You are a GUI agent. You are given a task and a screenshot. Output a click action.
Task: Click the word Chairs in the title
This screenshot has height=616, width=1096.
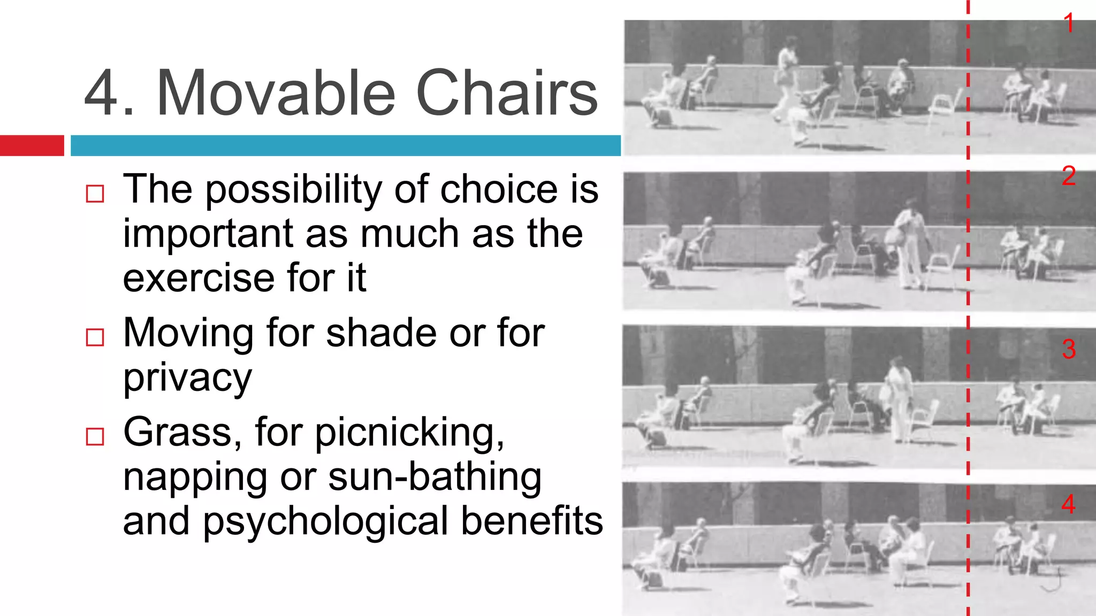506,94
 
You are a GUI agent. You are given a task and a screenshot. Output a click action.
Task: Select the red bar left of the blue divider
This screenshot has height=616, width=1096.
32,145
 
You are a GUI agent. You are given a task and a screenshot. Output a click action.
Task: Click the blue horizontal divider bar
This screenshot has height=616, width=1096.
345,145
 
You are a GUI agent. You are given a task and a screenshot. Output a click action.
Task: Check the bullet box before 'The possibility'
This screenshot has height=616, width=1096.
95,194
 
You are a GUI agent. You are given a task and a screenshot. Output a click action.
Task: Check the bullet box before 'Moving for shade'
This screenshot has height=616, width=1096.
95,337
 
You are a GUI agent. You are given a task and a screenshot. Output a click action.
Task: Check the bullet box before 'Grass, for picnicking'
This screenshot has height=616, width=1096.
95,437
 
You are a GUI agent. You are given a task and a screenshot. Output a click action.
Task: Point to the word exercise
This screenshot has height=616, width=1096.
200,279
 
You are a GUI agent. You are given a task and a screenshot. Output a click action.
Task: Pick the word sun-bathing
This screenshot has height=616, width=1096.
435,477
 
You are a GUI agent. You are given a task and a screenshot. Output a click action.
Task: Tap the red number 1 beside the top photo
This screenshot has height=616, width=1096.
1069,24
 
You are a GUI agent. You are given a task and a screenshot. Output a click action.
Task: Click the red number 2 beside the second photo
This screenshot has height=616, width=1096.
1069,176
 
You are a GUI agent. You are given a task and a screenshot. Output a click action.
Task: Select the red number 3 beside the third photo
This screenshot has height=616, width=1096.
1069,350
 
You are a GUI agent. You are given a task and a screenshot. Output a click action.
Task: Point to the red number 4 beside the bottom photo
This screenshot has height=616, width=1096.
1069,504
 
